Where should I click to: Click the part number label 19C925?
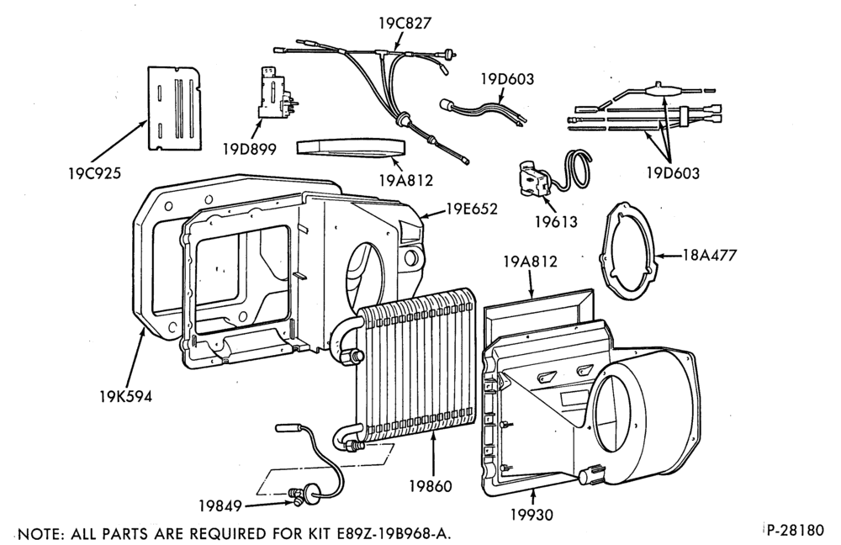pos(94,173)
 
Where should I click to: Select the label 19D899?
pos(250,149)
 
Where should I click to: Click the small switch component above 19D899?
pos(274,93)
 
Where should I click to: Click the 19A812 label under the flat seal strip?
pos(406,181)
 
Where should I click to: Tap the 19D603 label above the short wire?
pos(507,79)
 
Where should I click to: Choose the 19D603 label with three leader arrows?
pos(673,173)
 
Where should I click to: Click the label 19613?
pos(556,221)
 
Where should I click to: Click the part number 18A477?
pos(710,254)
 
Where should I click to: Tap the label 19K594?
pos(125,396)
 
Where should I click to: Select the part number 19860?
pos(431,486)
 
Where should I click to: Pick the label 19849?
pos(220,505)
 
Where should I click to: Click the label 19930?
pos(531,515)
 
